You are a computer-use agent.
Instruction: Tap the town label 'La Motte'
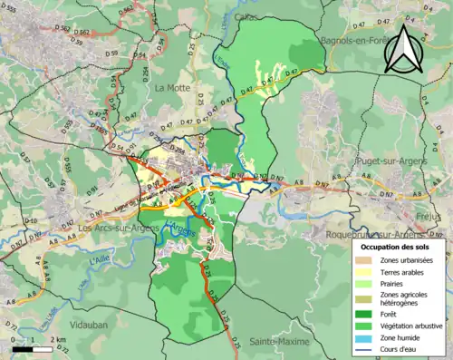pos(172,88)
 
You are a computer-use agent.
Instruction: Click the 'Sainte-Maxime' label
pos(279,342)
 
